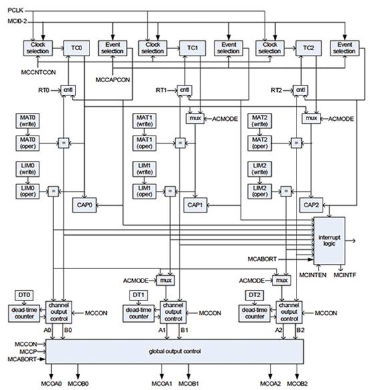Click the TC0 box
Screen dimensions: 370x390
point(76,48)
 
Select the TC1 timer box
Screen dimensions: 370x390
point(192,48)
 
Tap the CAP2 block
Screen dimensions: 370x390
point(311,205)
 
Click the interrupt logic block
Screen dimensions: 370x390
point(329,240)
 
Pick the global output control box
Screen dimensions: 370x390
point(175,351)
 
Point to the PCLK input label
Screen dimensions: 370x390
point(15,10)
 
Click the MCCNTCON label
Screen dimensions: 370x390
point(38,72)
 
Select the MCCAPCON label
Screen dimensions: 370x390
point(113,80)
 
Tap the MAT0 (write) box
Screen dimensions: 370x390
point(27,121)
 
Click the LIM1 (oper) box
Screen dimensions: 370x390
point(144,191)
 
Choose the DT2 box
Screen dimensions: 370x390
point(254,295)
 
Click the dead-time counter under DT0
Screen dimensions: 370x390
point(24,313)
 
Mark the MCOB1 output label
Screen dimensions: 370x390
point(188,383)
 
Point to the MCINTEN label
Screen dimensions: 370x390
point(313,275)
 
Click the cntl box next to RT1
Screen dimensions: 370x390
point(184,90)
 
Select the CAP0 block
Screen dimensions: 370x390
point(84,205)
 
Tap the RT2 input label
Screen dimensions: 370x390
point(276,90)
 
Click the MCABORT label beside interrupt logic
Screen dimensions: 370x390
point(262,259)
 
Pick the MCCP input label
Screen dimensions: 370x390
point(28,351)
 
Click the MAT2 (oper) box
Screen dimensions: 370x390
point(260,143)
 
